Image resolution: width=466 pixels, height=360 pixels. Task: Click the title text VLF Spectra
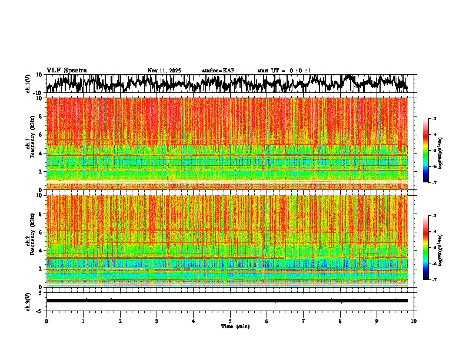66,70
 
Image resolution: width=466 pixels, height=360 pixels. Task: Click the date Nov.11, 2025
164,71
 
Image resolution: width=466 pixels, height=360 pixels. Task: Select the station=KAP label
218,71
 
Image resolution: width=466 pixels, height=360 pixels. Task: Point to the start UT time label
284,71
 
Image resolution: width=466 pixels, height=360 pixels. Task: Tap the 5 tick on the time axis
230,321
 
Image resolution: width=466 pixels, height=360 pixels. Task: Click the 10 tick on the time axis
414,321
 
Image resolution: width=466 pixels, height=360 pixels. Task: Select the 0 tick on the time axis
46,321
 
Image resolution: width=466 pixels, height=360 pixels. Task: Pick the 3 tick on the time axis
157,321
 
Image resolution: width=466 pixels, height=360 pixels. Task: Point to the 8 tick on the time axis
340,321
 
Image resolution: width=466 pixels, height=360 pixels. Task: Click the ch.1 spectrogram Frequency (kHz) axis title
30,144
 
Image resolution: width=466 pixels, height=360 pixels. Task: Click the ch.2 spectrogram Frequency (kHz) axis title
30,241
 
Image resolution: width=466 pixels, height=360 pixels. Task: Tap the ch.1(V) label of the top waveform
28,84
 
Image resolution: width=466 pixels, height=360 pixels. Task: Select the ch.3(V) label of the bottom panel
28,301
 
